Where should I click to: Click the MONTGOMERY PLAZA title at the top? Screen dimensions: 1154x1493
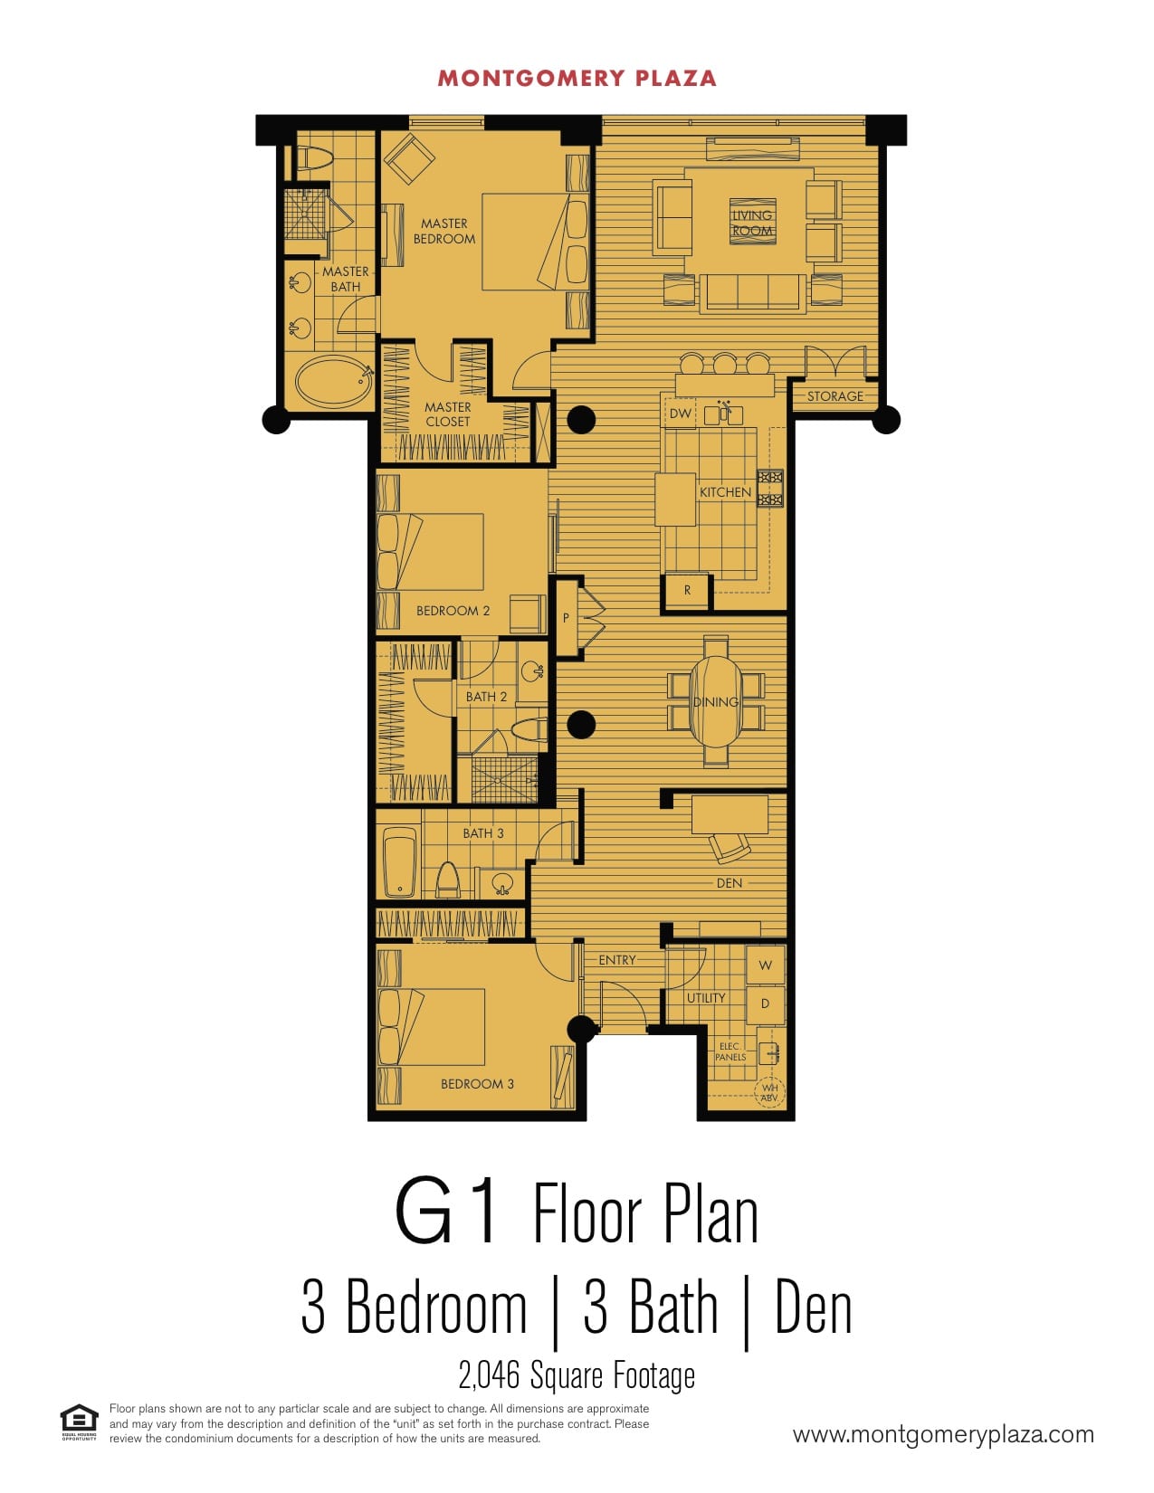[x=577, y=79]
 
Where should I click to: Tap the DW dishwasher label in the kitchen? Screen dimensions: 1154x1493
[x=680, y=414]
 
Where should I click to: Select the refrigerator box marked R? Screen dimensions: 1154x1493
[x=687, y=591]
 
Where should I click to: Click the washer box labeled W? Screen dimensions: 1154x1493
[x=765, y=965]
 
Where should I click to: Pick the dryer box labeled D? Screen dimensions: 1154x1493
[x=765, y=1003]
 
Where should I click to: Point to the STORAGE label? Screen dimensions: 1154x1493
[x=835, y=396]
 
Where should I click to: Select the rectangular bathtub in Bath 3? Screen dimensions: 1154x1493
[x=399, y=862]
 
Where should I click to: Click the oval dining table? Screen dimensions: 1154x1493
[x=716, y=701]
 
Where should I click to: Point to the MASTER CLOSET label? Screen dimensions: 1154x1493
[x=447, y=414]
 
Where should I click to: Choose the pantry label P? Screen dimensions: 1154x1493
[x=566, y=618]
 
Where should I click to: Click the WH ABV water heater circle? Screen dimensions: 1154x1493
[x=769, y=1092]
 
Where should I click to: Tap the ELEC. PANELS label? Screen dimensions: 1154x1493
[x=730, y=1052]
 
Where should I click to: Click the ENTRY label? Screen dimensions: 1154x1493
[x=616, y=960]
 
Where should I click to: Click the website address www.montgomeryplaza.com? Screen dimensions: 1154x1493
[x=943, y=1435]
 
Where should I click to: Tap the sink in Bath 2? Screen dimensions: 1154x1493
[x=532, y=670]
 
